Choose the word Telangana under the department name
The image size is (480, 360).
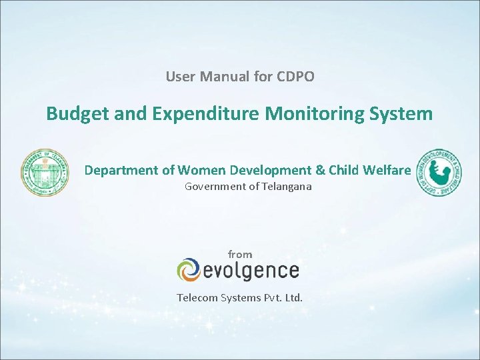point(286,187)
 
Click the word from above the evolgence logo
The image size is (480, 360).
point(240,254)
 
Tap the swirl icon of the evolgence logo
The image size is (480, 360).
point(188,270)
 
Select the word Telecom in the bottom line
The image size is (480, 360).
point(197,297)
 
